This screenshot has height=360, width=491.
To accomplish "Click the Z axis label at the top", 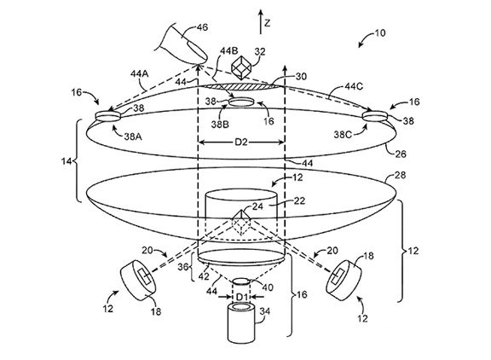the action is [267, 23].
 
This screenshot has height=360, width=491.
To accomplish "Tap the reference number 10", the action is [380, 33].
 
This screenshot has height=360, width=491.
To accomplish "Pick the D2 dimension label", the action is [241, 142].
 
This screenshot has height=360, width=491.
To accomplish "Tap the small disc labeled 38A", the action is [108, 116].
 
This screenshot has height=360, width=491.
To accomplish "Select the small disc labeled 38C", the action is [375, 116].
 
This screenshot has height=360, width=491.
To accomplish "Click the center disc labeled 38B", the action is [241, 102].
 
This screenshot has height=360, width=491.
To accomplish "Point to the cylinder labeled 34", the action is [241, 323].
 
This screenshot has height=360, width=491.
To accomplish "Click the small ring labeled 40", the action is [242, 282].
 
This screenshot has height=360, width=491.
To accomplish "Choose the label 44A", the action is [140, 74].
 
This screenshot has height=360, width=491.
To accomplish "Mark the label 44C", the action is [354, 86].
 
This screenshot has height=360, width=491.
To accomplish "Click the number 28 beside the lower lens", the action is [400, 175].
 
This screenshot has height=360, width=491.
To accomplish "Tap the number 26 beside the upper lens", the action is [400, 154].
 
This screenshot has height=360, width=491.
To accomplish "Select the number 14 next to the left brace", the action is [66, 162].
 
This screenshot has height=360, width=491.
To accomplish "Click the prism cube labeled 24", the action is [241, 224].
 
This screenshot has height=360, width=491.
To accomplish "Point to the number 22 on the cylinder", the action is [299, 200].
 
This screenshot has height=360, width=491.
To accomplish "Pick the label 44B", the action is [228, 50].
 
